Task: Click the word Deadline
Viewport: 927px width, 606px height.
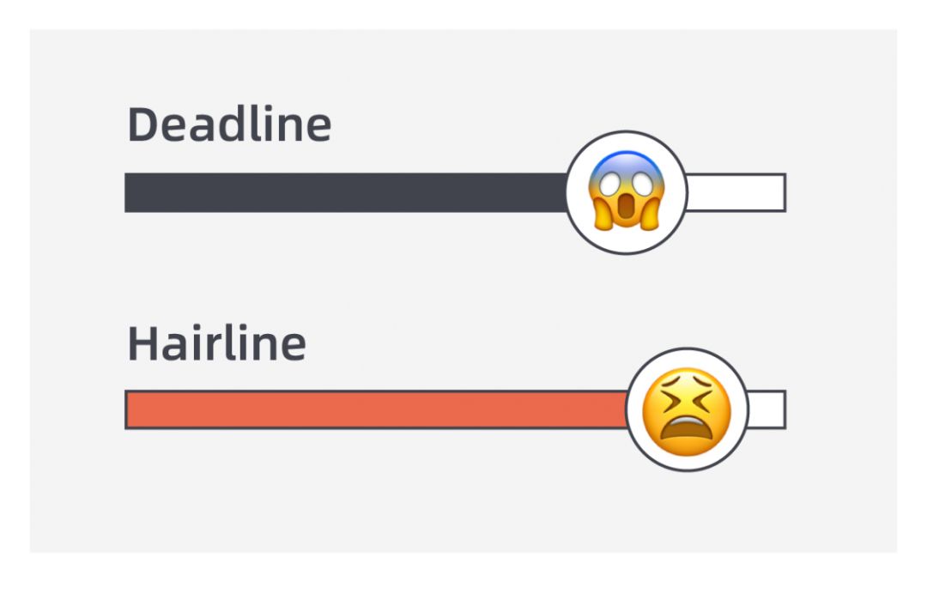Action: click(229, 124)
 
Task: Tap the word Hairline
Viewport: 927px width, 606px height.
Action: click(217, 342)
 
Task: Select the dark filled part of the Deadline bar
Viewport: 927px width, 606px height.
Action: click(346, 193)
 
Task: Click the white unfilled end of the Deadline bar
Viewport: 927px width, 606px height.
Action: click(736, 193)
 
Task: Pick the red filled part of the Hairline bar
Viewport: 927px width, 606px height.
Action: click(377, 409)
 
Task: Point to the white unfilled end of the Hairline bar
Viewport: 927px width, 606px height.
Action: click(766, 409)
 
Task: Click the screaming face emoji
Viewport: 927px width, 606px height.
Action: click(627, 191)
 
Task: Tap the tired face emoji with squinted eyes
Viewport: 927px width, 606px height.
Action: click(687, 412)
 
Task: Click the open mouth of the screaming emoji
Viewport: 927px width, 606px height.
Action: click(627, 211)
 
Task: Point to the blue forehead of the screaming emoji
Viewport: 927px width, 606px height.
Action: click(627, 161)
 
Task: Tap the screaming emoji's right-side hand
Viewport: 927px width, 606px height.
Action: click(649, 212)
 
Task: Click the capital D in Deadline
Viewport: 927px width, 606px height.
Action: click(142, 124)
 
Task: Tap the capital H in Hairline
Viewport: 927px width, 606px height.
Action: click(142, 343)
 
